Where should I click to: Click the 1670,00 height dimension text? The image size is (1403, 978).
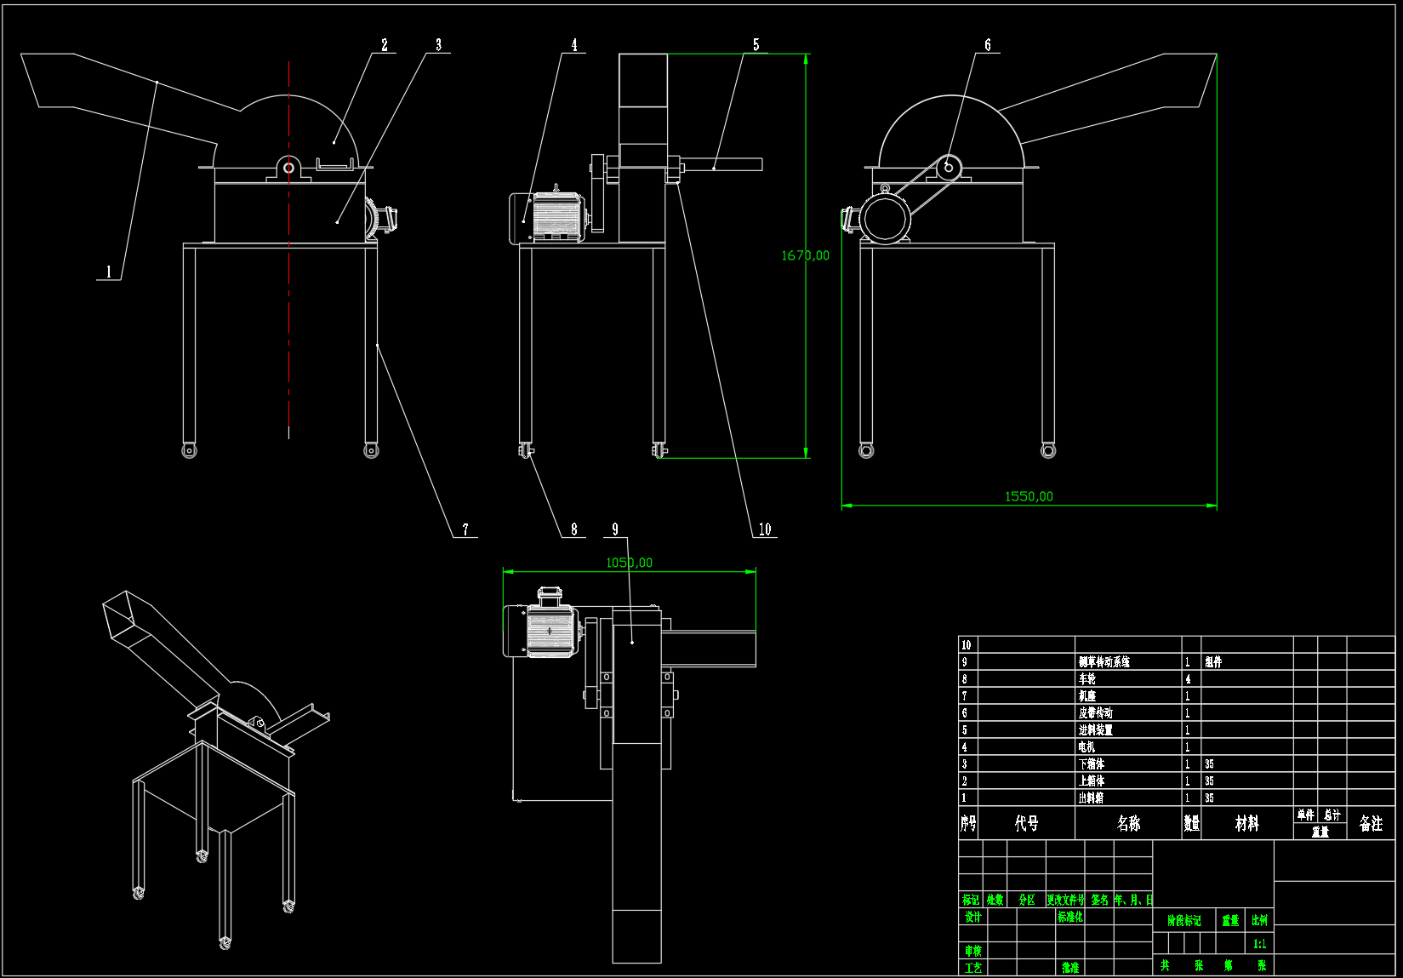pos(805,255)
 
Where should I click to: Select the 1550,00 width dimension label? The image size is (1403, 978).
pos(1029,496)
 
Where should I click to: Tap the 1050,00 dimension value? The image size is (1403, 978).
pos(629,563)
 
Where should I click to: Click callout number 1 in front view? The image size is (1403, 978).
pos(109,272)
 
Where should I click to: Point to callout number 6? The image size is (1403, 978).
pos(988,45)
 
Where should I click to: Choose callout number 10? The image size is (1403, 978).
pos(765,529)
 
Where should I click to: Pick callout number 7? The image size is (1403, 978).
pos(465,529)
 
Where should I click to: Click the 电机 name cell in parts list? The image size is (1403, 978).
pos(1086,747)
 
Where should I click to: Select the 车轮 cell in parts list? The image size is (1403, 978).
pos(1087,679)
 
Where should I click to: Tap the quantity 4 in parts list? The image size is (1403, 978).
pos(1189,679)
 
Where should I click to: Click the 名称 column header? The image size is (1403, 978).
pos(1128,823)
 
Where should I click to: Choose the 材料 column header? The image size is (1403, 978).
pos(1246,823)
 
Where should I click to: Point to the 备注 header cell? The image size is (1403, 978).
pos(1371,823)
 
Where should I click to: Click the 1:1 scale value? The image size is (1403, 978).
pos(1259,944)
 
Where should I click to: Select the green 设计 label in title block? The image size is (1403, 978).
pos(972,917)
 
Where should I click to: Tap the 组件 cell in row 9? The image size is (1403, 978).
pos(1213,662)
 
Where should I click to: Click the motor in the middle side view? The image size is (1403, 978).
pos(549,218)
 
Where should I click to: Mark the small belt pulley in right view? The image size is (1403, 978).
pos(949,168)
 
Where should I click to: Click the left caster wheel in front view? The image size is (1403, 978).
pos(189,450)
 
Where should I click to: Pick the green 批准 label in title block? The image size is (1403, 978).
pos(1069,968)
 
